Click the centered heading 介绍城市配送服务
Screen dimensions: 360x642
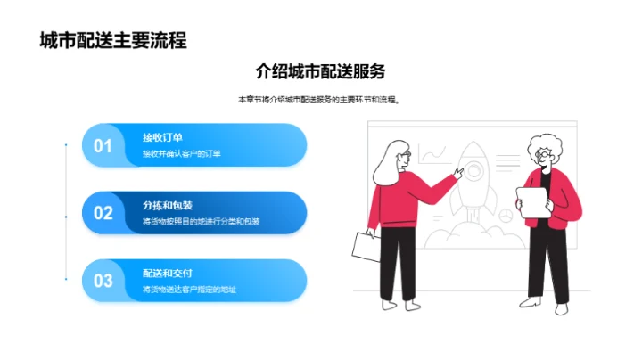pyautogui.click(x=320, y=70)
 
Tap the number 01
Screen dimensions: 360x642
pyautogui.click(x=103, y=145)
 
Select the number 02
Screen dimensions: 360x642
pyautogui.click(x=103, y=213)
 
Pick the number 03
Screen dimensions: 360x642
pyautogui.click(x=103, y=281)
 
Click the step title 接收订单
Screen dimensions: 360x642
pyautogui.click(x=162, y=137)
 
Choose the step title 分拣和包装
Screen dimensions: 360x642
pyautogui.click(x=167, y=205)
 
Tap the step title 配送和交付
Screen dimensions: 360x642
pyautogui.click(x=167, y=273)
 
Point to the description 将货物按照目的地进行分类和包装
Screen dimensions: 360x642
pyautogui.click(x=201, y=222)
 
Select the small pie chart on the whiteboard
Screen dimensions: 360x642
pyautogui.click(x=505, y=215)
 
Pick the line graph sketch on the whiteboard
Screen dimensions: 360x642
pyautogui.click(x=433, y=155)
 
